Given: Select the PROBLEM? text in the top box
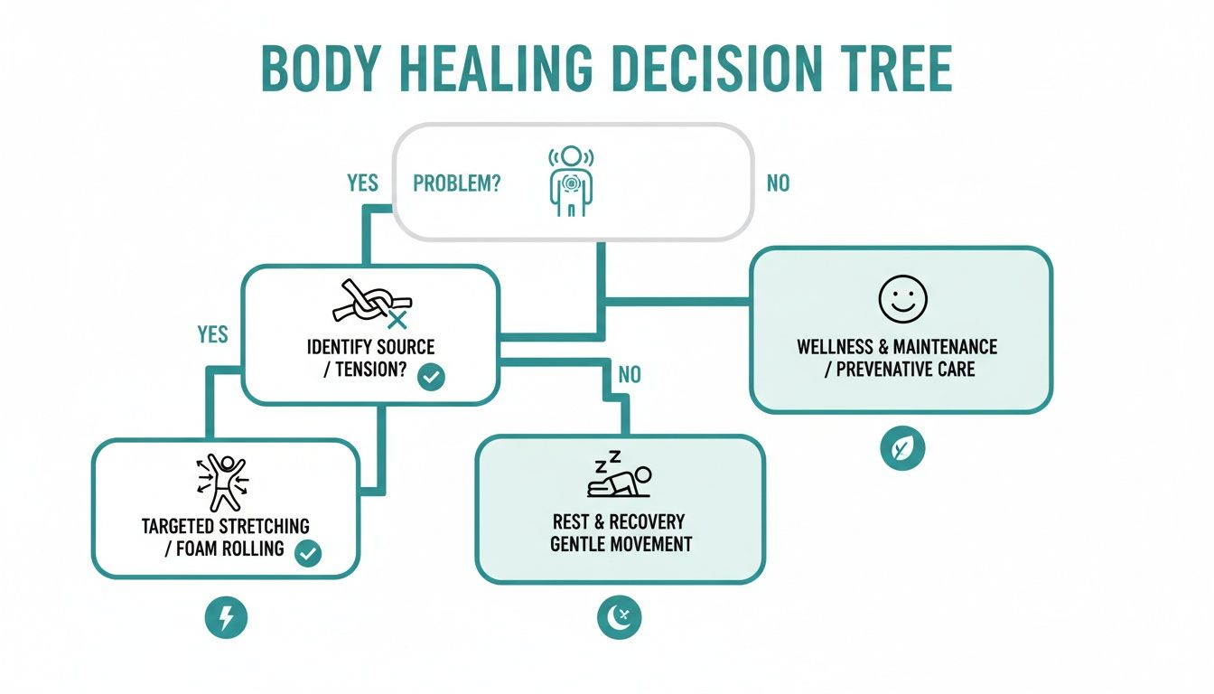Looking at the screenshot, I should (x=457, y=183).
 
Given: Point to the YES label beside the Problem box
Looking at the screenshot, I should (x=362, y=183).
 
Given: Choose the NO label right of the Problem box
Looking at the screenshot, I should (x=778, y=183).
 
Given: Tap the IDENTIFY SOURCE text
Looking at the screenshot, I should (x=370, y=347).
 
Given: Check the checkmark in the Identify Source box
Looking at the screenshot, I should (x=431, y=378).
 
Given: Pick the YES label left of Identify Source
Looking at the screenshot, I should (x=212, y=334).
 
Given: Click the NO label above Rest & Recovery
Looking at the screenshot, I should (x=630, y=374).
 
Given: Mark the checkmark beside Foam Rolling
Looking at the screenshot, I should (x=308, y=553).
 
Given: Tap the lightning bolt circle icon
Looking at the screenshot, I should (x=226, y=618).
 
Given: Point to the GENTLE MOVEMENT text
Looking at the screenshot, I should (x=621, y=544).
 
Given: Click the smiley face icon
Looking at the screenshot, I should (x=902, y=300).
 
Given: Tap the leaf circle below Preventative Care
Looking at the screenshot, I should (x=901, y=449).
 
